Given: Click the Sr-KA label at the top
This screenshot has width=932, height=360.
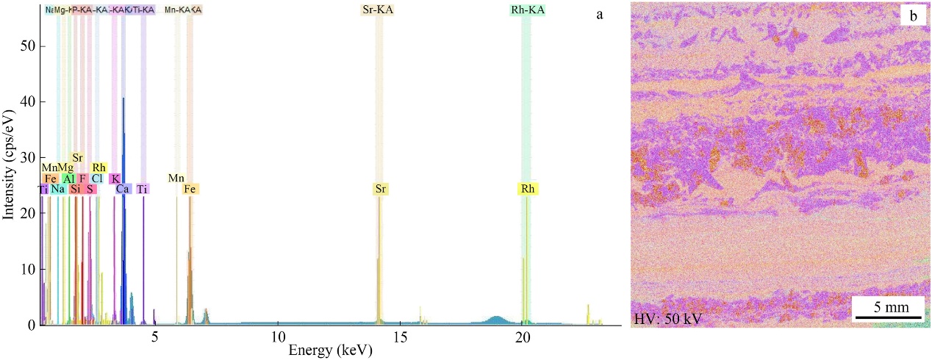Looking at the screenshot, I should click(x=379, y=10).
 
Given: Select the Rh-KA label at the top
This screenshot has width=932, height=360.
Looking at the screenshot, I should click(x=527, y=10).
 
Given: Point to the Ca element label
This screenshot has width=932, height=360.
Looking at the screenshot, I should click(x=123, y=189).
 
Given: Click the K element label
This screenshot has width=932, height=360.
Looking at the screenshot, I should click(x=115, y=179).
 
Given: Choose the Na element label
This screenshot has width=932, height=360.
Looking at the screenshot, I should click(x=58, y=189).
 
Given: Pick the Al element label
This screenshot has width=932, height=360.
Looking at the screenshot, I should click(x=68, y=179).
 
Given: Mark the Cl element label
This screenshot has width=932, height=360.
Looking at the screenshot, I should click(x=96, y=179).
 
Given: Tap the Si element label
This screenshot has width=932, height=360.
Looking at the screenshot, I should click(x=76, y=189).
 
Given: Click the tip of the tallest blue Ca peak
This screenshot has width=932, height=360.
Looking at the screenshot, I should click(x=123, y=98).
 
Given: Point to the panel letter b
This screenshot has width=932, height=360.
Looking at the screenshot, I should click(x=911, y=15).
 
